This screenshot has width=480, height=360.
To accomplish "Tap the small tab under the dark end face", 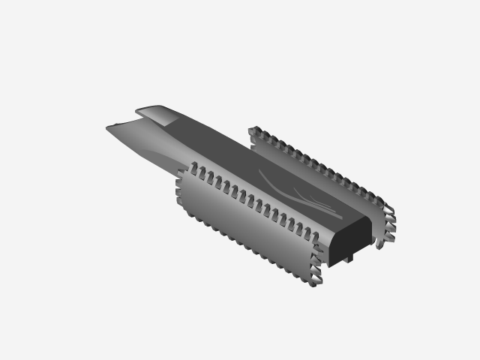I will [349, 258].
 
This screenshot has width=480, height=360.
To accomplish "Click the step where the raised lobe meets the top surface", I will [177, 120].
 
